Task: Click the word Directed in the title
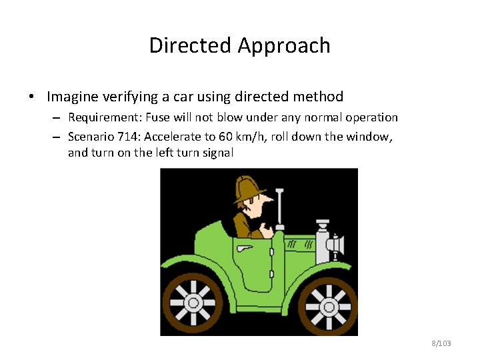(191, 45)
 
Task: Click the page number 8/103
(441, 343)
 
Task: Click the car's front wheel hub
(328, 307)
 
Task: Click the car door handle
(245, 248)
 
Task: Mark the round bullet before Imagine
(31, 97)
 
